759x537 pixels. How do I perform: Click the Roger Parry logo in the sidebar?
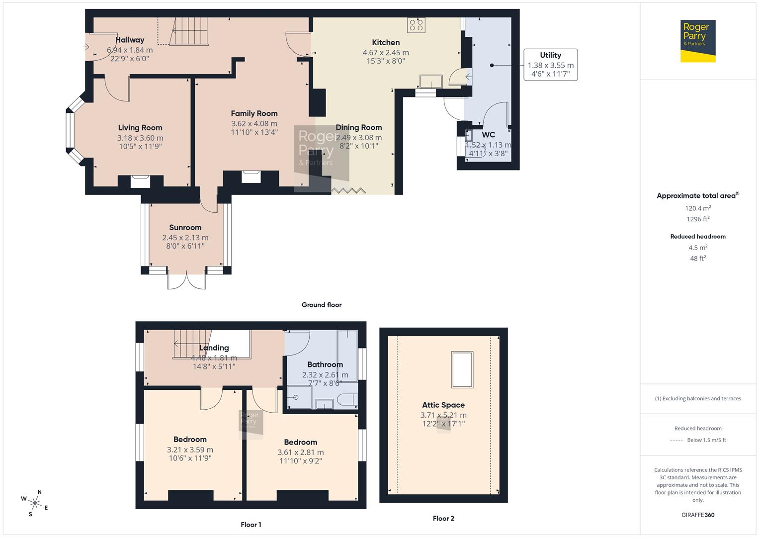click(x=697, y=41)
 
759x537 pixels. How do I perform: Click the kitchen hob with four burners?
click(x=416, y=25)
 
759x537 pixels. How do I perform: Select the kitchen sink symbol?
click(x=430, y=81)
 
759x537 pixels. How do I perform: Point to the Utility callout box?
click(x=550, y=65)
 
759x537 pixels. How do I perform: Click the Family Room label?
click(x=254, y=113)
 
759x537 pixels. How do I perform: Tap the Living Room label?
click(x=140, y=128)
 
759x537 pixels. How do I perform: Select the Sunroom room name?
click(x=185, y=228)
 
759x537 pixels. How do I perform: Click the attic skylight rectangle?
click(x=462, y=369)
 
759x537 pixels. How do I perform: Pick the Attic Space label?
click(x=443, y=405)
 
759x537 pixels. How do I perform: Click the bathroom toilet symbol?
click(x=347, y=399)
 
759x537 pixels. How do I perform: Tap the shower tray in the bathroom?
click(x=300, y=398)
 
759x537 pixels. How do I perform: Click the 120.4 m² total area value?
click(x=698, y=208)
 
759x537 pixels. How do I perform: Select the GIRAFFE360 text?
click(x=698, y=515)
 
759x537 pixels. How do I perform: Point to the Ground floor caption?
click(x=322, y=305)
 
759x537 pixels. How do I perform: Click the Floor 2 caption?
click(x=443, y=518)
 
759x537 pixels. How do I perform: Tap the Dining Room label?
click(x=358, y=128)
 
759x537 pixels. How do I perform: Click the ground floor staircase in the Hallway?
click(x=189, y=31)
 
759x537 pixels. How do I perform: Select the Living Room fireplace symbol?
click(x=140, y=181)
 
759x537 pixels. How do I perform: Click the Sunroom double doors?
click(x=186, y=280)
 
